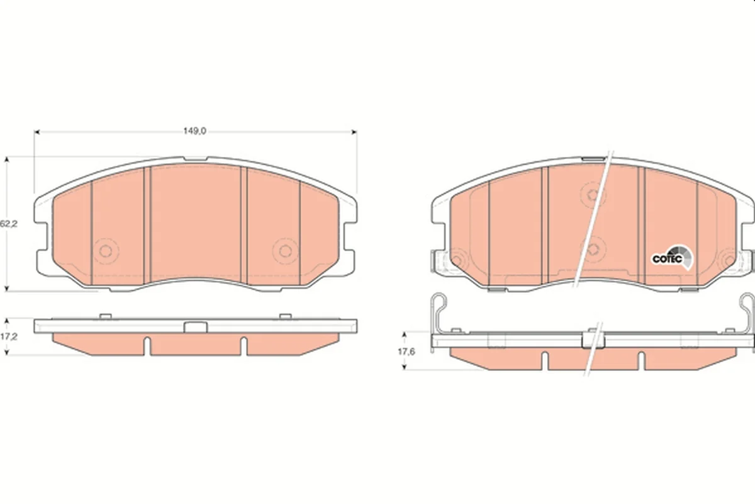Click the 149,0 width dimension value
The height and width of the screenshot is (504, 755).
click(194, 131)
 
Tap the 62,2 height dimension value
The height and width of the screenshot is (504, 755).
click(8, 224)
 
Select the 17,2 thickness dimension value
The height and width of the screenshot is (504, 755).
click(9, 336)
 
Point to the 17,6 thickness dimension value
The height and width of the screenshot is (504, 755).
click(406, 352)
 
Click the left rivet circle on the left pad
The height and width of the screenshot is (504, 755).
click(106, 251)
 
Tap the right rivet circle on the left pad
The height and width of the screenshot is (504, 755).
click(286, 251)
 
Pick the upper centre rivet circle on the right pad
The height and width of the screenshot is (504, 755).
click(593, 195)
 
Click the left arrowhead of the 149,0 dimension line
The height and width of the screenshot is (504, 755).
click(36, 132)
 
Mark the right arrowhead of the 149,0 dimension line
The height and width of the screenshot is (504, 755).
click(354, 132)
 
